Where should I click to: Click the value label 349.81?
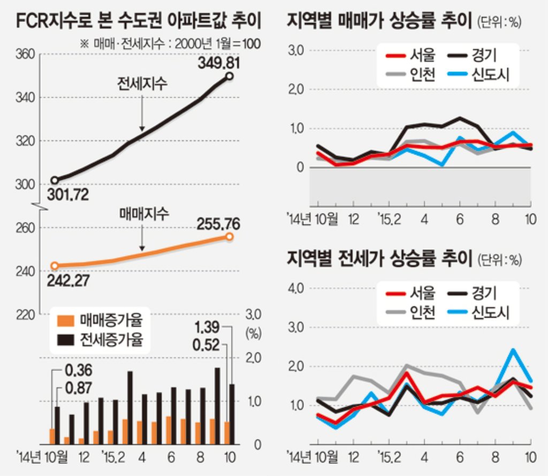219,63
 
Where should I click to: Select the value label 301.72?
68,195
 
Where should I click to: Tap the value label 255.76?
218,224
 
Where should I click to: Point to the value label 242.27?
68,280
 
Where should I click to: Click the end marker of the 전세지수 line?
229,76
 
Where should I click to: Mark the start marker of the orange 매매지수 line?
55,266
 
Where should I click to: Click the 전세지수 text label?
142,83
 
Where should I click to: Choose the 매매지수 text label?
144,213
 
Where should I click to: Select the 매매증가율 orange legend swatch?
66,321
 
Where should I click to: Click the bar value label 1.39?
207,327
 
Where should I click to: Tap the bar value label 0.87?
79,388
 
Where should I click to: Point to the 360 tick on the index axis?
25,54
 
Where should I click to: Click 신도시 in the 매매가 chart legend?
490,74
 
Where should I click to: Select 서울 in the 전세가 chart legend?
423,293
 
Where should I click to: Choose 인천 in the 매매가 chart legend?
423,74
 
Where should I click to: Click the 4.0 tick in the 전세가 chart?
296,288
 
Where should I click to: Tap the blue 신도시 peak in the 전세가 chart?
513,350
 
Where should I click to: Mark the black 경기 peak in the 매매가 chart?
460,118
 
